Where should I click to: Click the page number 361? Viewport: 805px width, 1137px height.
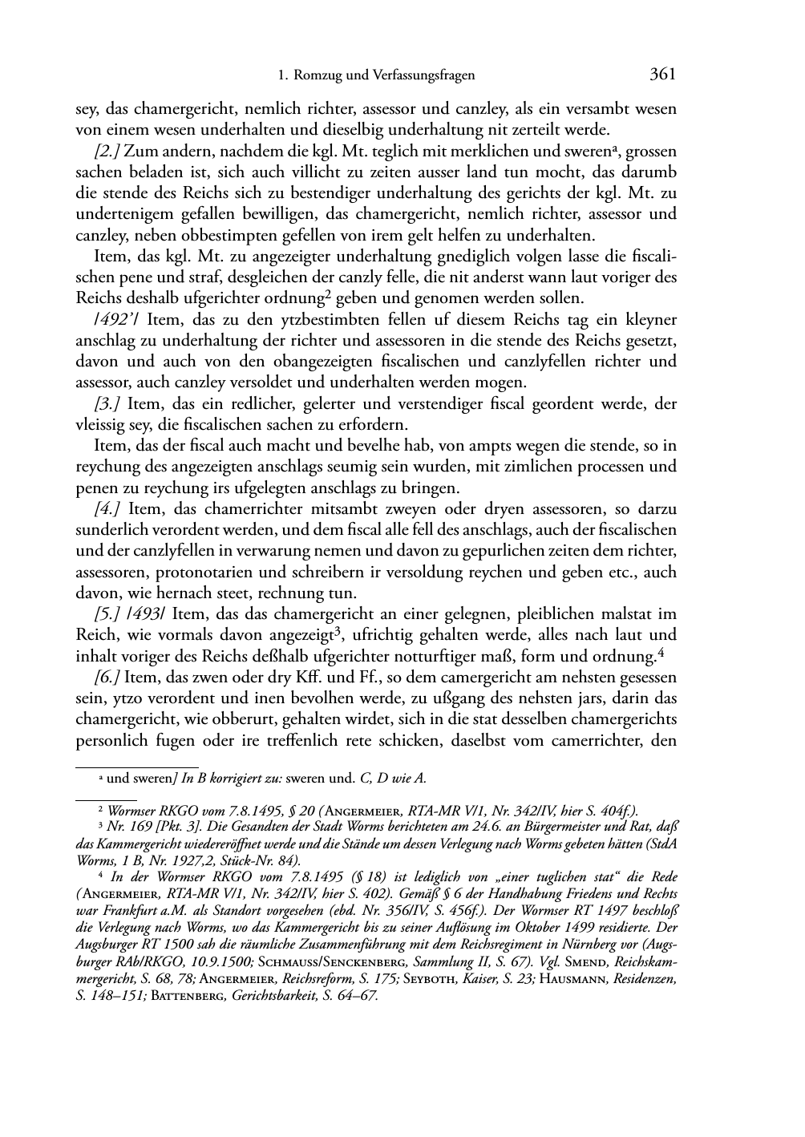tap(662, 75)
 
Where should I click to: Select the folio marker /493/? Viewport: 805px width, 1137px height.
tap(149, 614)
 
